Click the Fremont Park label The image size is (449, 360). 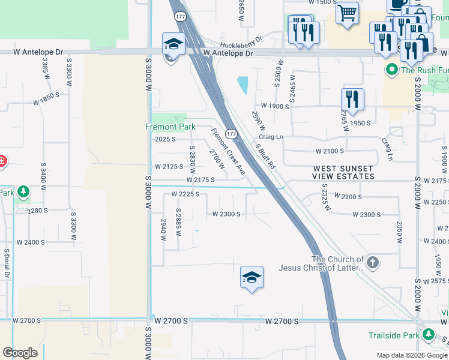[170, 127]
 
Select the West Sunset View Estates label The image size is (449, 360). [343, 172]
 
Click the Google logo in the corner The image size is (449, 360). [20, 353]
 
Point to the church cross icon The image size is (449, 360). [373, 262]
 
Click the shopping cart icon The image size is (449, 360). [347, 13]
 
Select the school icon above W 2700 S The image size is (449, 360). [252, 277]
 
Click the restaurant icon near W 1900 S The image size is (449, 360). [352, 99]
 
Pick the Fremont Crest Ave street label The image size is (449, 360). [228, 151]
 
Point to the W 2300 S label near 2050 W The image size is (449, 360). [367, 214]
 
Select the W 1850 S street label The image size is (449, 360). [46, 99]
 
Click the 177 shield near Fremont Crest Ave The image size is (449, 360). [231, 133]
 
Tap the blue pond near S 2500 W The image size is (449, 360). [243, 85]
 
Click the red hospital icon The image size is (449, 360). [2, 161]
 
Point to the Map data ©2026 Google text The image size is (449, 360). [411, 355]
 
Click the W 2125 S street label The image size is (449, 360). [168, 166]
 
